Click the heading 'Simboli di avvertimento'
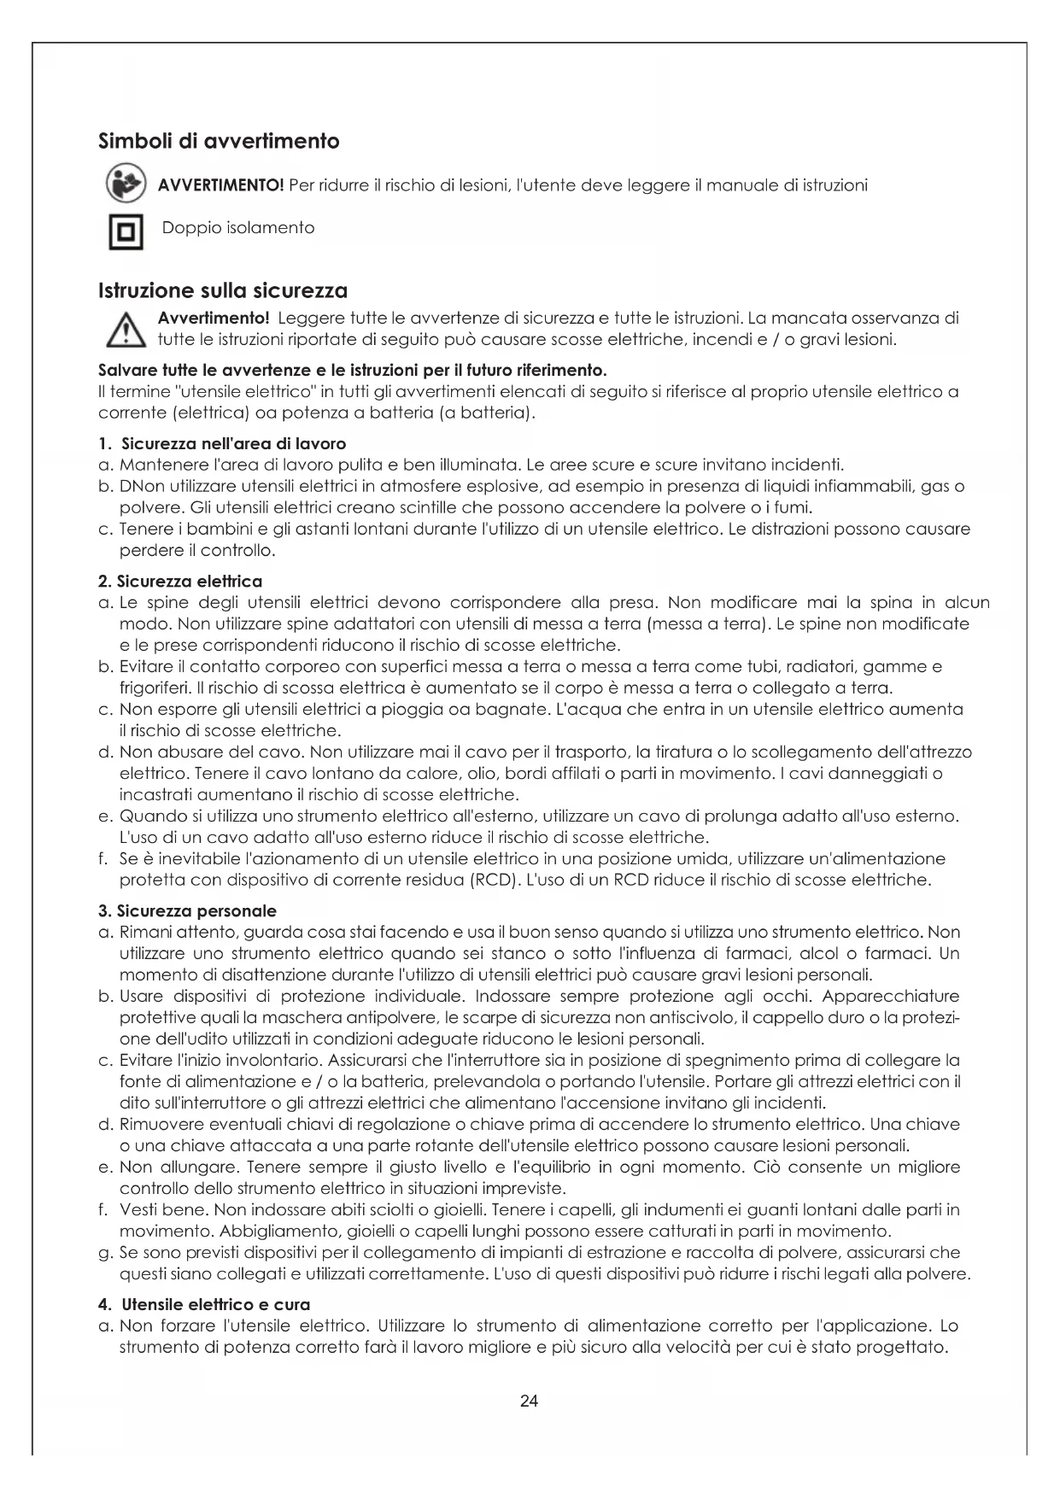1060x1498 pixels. click(x=219, y=141)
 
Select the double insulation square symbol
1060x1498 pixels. click(x=125, y=231)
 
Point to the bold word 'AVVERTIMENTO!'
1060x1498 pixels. click(x=220, y=185)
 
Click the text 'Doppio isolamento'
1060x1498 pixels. click(x=238, y=228)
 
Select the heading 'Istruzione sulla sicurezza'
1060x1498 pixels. click(x=223, y=290)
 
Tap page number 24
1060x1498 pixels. click(x=529, y=1401)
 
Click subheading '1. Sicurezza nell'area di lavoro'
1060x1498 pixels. click(x=222, y=443)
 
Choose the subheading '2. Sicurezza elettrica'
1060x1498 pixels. click(x=180, y=582)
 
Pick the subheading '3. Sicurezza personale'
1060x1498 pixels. click(x=188, y=911)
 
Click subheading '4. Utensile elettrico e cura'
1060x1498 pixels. click(x=204, y=1304)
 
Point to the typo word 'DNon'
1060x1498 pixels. click(x=138, y=487)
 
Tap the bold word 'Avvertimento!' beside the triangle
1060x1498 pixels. click(x=214, y=319)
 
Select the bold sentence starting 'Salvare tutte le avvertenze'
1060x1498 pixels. click(x=353, y=371)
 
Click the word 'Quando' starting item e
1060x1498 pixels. click(x=148, y=816)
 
